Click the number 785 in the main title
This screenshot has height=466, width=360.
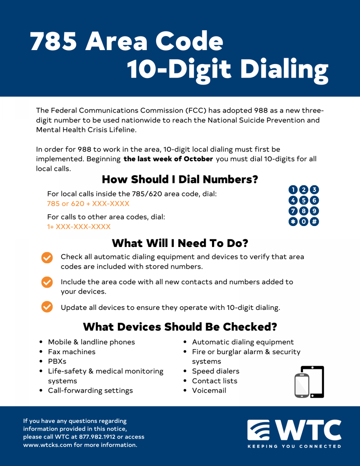53,41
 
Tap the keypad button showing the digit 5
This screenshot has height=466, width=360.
304,200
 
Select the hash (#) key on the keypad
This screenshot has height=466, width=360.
314,221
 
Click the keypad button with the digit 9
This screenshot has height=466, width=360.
314,211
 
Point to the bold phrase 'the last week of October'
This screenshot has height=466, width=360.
168,159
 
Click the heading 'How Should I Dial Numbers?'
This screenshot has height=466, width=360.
180,179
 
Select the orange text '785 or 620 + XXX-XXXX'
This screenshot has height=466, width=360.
88,203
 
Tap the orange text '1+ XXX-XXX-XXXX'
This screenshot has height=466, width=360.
79,227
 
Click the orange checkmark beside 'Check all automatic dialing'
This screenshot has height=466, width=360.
47,257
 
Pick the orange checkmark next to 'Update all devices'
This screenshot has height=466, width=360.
47,307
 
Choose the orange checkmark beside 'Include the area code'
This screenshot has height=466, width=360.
47,282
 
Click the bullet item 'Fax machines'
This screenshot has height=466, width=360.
71,352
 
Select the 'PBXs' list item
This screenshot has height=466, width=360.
57,362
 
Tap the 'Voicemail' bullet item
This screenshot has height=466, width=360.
209,391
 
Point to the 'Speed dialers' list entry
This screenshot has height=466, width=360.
216,371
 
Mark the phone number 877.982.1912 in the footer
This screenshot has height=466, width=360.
97,437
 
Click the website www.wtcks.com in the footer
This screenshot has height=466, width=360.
48,445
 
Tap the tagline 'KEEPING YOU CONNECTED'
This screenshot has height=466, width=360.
294,447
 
